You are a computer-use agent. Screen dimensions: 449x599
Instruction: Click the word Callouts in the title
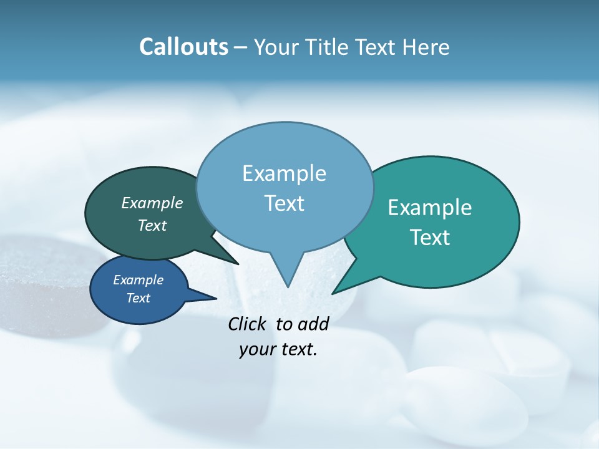click(183, 47)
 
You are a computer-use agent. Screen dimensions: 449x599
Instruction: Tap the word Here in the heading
click(426, 47)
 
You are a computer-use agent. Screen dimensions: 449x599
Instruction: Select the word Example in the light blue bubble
click(284, 173)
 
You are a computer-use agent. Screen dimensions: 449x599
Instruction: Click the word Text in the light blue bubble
click(284, 203)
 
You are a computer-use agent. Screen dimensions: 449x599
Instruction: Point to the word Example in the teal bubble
click(430, 207)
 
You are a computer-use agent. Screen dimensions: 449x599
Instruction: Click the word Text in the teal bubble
click(430, 238)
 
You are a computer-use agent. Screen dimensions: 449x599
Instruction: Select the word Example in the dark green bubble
click(152, 203)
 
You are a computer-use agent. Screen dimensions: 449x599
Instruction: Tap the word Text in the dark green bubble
click(152, 225)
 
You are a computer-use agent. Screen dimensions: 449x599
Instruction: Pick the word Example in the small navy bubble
click(138, 280)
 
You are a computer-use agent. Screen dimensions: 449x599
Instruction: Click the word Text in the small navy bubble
click(138, 298)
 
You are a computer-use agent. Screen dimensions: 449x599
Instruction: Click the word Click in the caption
click(248, 324)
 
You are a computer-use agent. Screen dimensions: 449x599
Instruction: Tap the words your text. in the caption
click(278, 349)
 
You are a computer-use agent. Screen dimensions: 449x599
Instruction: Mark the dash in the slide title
click(241, 47)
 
